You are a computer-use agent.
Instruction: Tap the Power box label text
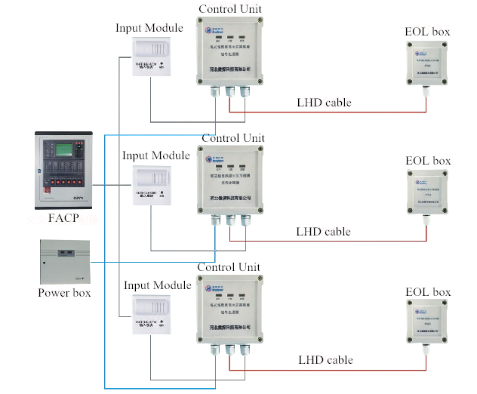(65, 292)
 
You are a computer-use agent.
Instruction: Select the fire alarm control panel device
(63, 171)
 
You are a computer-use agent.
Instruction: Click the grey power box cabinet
(65, 260)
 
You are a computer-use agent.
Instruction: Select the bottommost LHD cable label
(325, 360)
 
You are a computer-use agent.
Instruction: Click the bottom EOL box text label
(428, 292)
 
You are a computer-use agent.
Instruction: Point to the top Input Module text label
(149, 28)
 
